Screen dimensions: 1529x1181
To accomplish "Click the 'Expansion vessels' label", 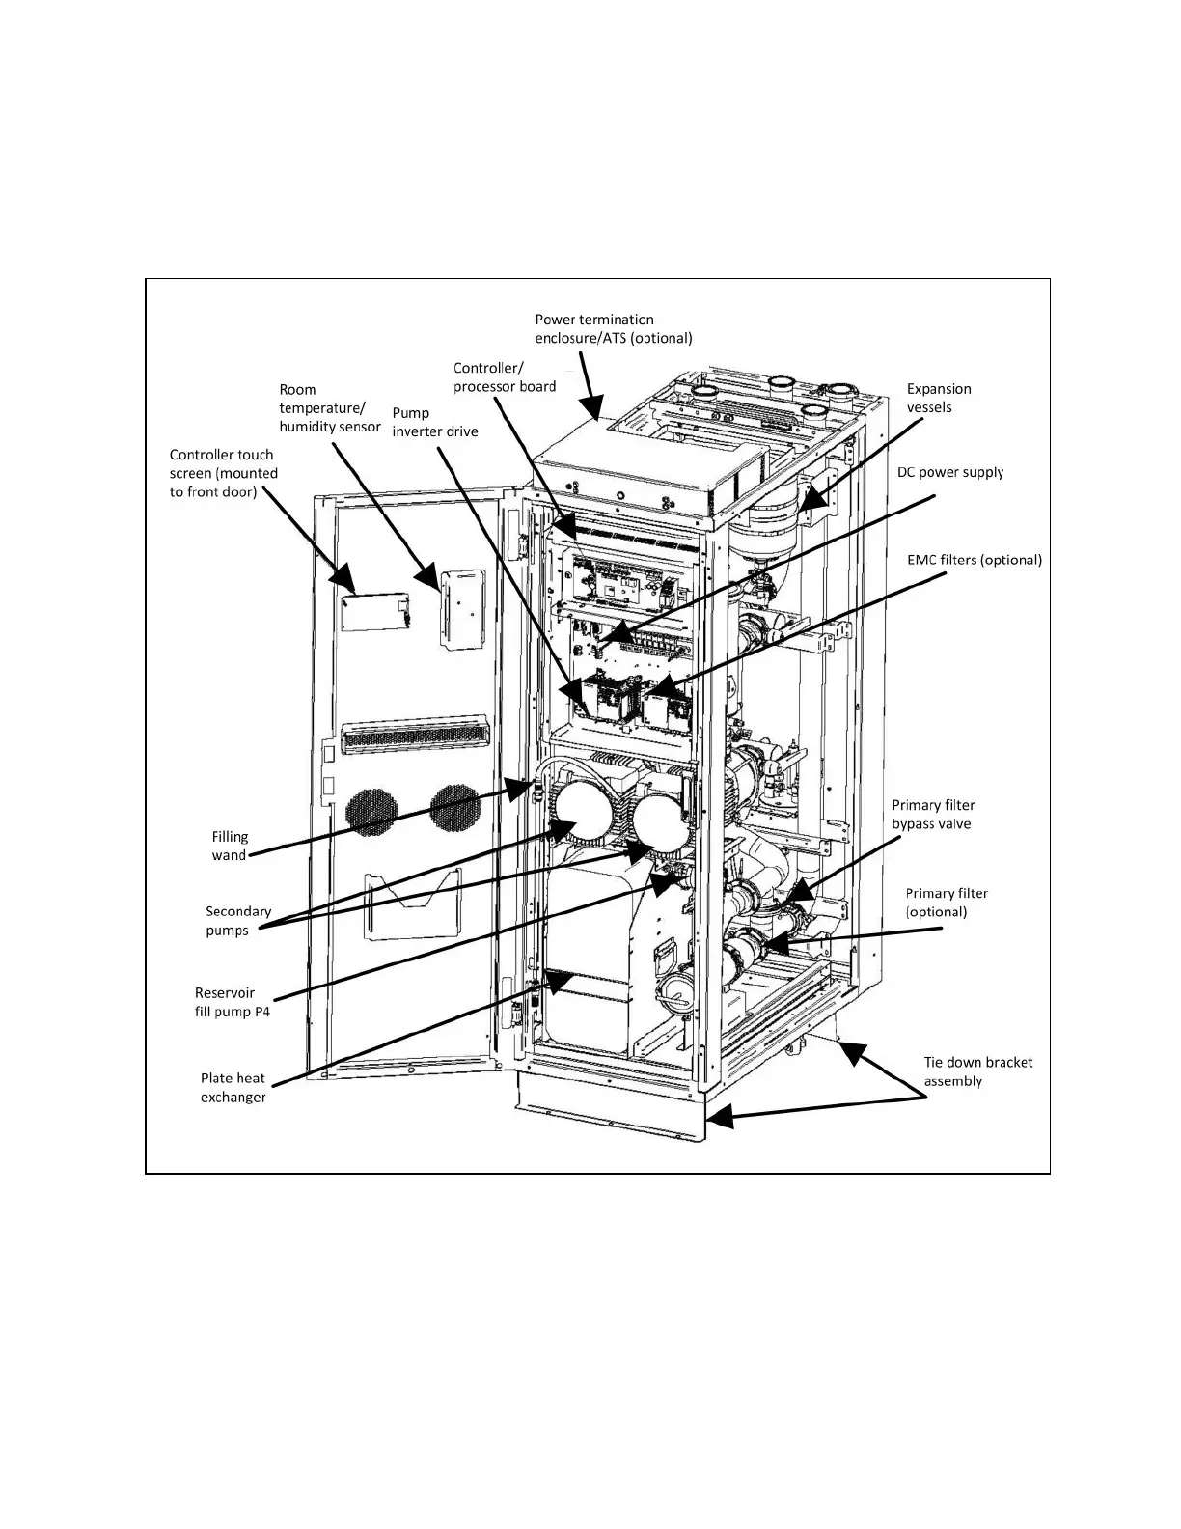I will (x=938, y=398).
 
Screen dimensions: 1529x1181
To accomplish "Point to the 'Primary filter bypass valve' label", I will (x=932, y=815).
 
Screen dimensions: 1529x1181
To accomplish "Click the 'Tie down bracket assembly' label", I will (x=977, y=1071).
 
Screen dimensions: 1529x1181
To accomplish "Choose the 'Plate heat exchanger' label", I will (x=233, y=1088).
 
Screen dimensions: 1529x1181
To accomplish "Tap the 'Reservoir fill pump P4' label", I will (x=232, y=1002).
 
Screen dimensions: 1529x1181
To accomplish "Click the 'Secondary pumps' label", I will (x=237, y=921).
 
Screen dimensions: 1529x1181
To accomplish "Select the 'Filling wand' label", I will (x=230, y=846).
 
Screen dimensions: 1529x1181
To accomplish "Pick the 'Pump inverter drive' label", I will (x=434, y=422).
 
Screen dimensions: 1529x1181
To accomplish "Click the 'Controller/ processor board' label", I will (x=505, y=377).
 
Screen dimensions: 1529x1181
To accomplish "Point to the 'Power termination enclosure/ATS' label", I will (x=613, y=328).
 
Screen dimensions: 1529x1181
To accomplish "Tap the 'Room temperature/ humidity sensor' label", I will (x=329, y=407).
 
